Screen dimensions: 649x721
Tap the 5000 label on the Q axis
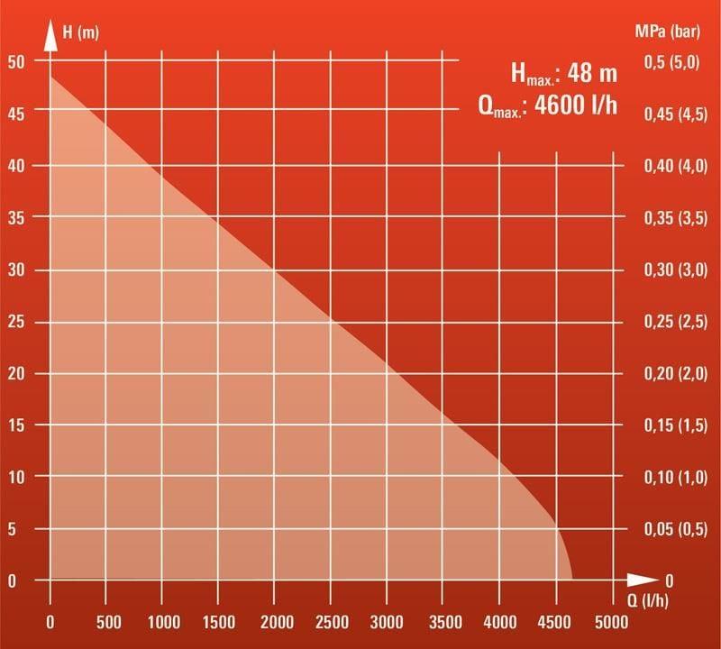(x=611, y=622)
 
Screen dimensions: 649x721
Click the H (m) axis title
(x=81, y=33)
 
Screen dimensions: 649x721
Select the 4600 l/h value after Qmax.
(x=576, y=105)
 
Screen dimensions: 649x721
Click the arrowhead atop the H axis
(x=50, y=40)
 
